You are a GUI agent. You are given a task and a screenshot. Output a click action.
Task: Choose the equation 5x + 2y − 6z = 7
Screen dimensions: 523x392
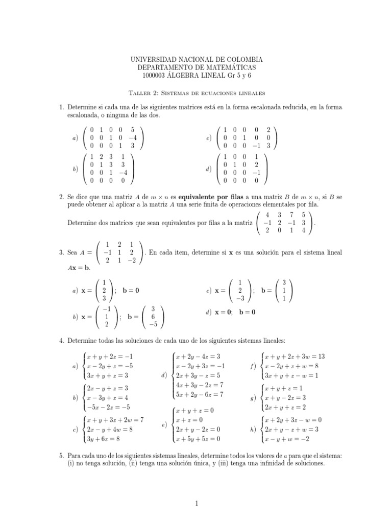(200, 395)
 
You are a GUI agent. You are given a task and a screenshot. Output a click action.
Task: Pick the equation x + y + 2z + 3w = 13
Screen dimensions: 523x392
(293, 355)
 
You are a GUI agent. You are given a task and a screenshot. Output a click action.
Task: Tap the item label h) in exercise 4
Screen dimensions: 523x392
(253, 430)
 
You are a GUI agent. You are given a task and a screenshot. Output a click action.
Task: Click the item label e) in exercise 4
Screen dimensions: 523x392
(164, 425)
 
